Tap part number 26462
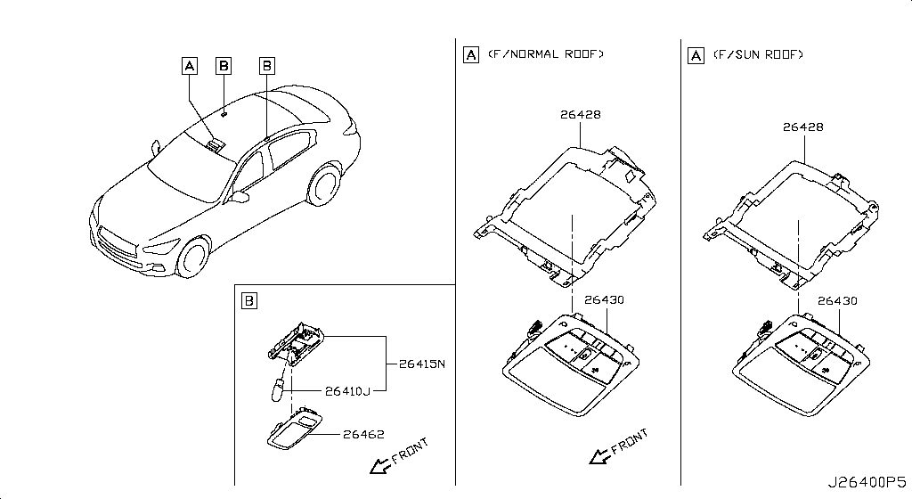click(363, 435)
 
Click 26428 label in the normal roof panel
click(580, 114)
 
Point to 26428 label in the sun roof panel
click(802, 127)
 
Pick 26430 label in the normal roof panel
click(604, 300)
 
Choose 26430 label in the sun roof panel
click(837, 301)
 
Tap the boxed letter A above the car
click(189, 64)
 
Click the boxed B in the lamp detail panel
click(248, 300)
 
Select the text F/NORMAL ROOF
click(546, 54)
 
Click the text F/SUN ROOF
click(760, 54)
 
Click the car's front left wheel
click(192, 257)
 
